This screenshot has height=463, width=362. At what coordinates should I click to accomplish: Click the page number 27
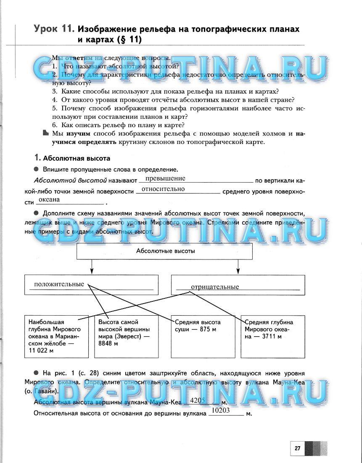[x=297, y=448]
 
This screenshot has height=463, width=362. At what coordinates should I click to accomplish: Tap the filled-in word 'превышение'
[x=165, y=178]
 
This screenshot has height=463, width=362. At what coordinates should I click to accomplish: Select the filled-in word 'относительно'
[x=163, y=189]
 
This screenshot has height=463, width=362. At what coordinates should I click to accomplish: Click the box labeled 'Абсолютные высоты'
[x=164, y=251]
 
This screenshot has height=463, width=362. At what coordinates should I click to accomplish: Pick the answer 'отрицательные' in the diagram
[x=214, y=287]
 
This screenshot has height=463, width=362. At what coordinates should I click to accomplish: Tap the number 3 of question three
[x=55, y=91]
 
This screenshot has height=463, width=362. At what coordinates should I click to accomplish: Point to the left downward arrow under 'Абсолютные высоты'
[x=92, y=267]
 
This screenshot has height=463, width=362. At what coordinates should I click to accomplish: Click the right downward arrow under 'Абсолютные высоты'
[x=238, y=267]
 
